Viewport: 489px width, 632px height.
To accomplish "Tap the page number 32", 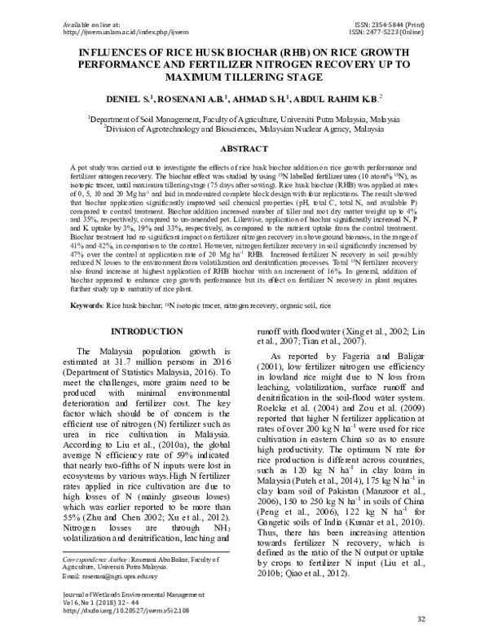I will [x=421, y=619].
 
